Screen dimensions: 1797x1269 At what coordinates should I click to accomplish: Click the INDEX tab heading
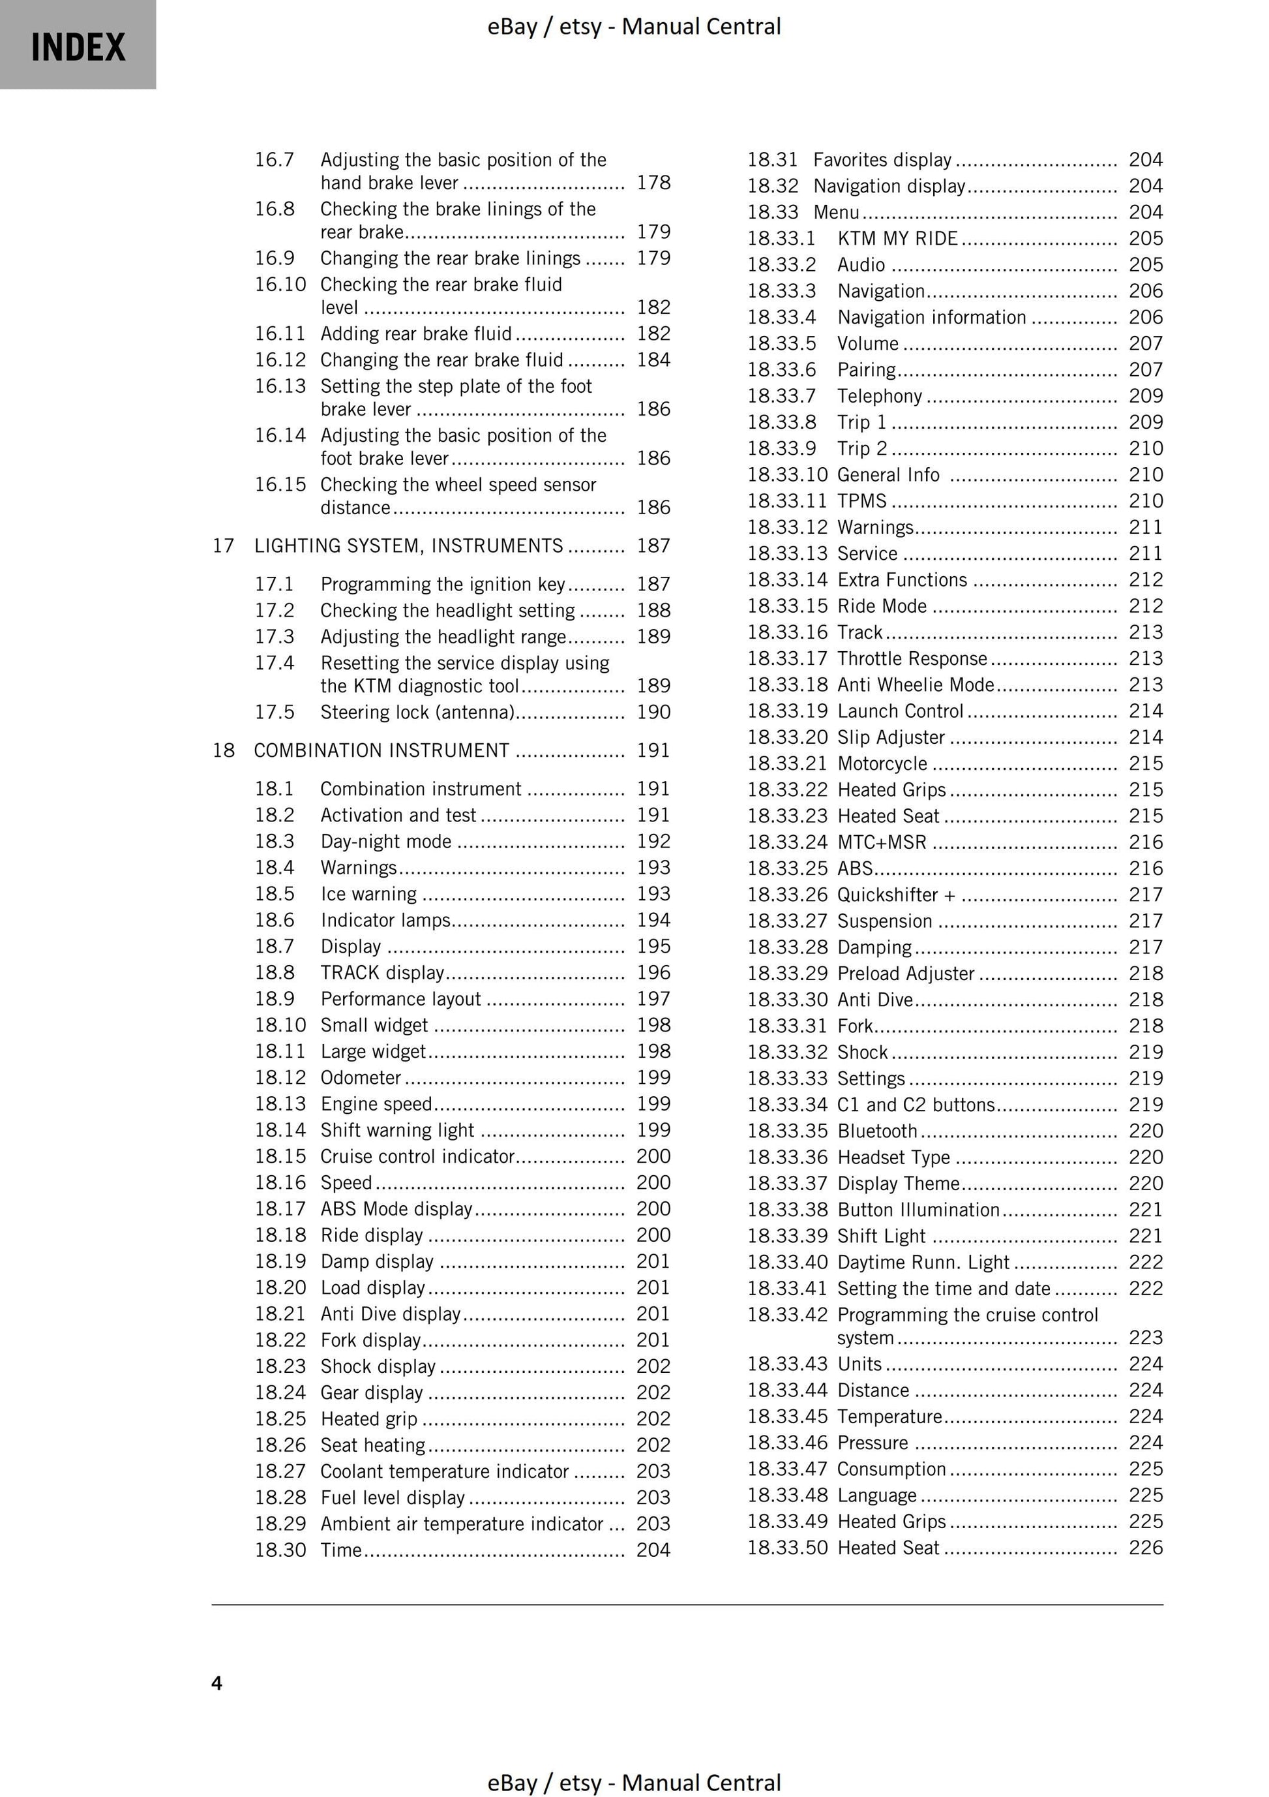tap(78, 47)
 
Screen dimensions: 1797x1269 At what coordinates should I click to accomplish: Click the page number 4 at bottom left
tap(216, 1683)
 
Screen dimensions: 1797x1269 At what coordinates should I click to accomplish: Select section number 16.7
tap(274, 160)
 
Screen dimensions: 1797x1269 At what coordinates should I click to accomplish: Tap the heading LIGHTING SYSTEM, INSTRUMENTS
tap(408, 545)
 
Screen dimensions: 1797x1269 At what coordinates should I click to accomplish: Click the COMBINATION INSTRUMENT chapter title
tap(381, 750)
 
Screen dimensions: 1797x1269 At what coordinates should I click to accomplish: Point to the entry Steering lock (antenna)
tap(417, 713)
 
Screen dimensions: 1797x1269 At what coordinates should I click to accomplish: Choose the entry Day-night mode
tap(385, 841)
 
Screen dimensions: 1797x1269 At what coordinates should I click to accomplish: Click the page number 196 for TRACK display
tap(653, 972)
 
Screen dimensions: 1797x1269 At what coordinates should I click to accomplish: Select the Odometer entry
tap(361, 1078)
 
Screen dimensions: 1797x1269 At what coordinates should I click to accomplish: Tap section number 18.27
tap(280, 1471)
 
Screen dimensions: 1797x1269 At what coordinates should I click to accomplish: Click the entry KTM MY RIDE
tap(897, 239)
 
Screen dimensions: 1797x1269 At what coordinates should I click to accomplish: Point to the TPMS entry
tap(861, 501)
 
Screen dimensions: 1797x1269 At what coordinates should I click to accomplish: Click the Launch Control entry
tap(900, 711)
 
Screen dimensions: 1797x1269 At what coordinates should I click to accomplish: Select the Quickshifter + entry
tap(896, 895)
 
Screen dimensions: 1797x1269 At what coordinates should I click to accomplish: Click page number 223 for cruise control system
tap(1145, 1338)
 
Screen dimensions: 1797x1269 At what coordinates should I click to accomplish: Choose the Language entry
tap(876, 1495)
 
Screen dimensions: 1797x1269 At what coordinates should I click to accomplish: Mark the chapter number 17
tap(223, 545)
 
